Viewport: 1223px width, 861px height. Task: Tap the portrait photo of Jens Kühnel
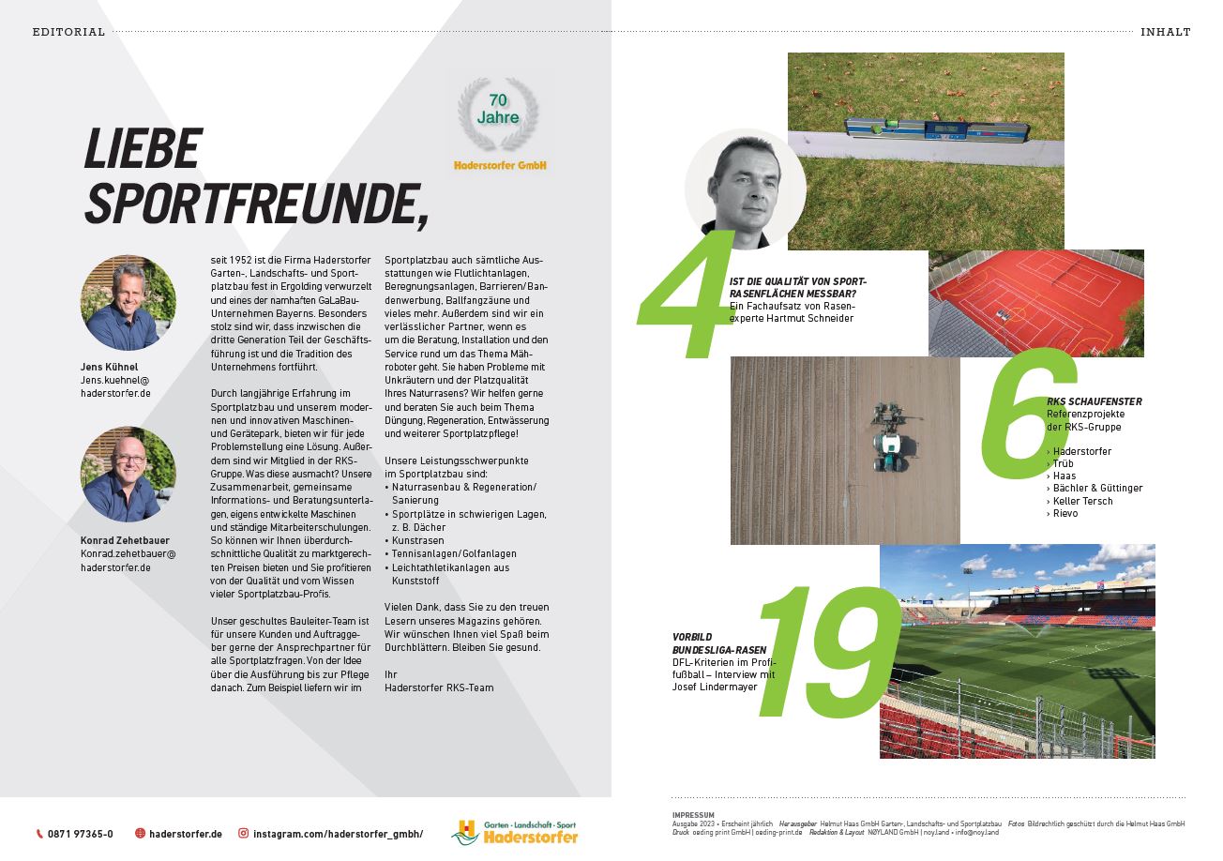(x=128, y=303)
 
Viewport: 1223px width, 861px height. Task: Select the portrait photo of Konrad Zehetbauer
(x=128, y=475)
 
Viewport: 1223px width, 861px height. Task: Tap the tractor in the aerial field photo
(x=886, y=436)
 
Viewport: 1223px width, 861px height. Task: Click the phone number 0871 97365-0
(x=81, y=834)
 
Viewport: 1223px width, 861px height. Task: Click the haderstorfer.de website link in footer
(x=185, y=834)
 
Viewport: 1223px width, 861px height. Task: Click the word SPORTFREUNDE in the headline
(x=254, y=199)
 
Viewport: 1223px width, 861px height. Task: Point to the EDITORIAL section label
(x=68, y=32)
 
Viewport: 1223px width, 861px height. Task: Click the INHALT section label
(x=1165, y=32)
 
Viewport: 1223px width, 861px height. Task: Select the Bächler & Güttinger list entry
(x=1097, y=488)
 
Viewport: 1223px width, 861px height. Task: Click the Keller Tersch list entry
(x=1082, y=501)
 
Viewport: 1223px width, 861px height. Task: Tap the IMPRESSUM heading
(x=693, y=814)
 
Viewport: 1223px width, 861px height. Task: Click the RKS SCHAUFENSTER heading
(x=1094, y=401)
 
